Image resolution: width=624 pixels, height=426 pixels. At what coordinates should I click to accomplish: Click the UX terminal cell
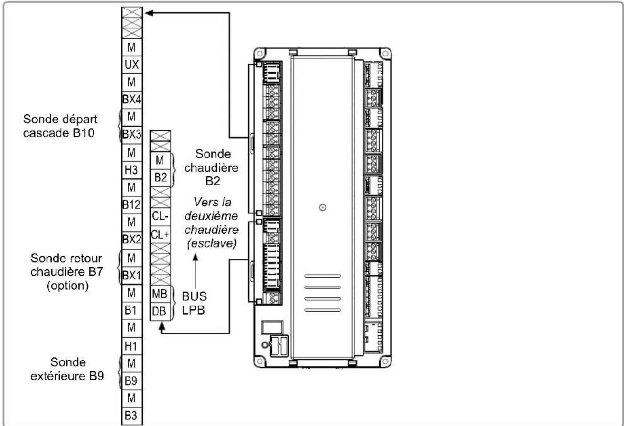pos(132,65)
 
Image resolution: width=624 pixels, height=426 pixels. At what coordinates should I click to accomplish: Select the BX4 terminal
pos(132,100)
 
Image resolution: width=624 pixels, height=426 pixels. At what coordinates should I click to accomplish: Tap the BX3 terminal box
pos(132,135)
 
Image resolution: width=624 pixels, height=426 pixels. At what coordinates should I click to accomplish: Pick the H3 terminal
pos(132,170)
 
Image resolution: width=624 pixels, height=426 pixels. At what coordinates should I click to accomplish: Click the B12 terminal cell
pos(132,205)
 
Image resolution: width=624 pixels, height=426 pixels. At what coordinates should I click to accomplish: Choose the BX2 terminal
pos(132,240)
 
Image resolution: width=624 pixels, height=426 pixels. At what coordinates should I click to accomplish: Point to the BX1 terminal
pos(132,276)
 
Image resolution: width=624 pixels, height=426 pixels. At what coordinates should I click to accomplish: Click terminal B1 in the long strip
pos(132,310)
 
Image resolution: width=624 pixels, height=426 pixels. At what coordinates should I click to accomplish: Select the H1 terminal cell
pos(132,346)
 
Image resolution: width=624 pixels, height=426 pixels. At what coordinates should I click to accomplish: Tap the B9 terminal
pos(132,381)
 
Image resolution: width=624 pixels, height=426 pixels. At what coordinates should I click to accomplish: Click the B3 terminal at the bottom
pos(132,416)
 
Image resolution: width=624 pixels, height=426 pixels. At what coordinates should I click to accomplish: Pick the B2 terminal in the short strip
pos(160,178)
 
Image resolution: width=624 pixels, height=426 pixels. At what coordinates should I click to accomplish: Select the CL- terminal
pos(160,216)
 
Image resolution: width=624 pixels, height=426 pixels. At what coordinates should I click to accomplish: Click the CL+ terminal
pos(160,234)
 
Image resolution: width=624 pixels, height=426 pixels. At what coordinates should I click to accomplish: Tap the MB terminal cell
pos(160,294)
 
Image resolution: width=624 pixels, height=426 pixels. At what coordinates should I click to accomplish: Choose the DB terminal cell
pos(160,312)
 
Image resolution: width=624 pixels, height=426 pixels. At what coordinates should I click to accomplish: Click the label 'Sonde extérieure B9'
pos(67,369)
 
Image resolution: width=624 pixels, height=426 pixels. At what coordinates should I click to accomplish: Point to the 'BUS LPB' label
pos(195,303)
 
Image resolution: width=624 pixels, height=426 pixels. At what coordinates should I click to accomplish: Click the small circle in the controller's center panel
pos(323,207)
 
